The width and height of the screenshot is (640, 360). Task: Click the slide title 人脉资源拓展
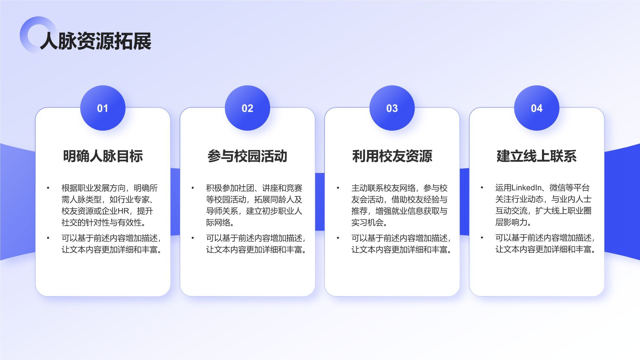(96, 41)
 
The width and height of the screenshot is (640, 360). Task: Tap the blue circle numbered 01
(103, 108)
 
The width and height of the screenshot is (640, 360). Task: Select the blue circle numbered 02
(247, 108)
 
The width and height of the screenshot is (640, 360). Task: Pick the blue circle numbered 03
(392, 108)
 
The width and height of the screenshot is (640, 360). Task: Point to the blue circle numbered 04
(537, 108)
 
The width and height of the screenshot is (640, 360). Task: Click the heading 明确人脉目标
(103, 156)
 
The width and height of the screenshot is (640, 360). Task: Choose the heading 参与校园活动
(247, 156)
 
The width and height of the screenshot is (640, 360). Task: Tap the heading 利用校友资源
(392, 156)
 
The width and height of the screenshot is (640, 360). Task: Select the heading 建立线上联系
(537, 156)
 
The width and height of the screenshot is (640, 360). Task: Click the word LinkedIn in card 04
(526, 188)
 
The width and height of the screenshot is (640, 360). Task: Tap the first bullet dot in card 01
(48, 188)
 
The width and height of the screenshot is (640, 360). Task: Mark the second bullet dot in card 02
(193, 238)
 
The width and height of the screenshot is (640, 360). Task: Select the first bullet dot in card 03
(338, 188)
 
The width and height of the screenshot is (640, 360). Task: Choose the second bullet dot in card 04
(482, 238)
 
